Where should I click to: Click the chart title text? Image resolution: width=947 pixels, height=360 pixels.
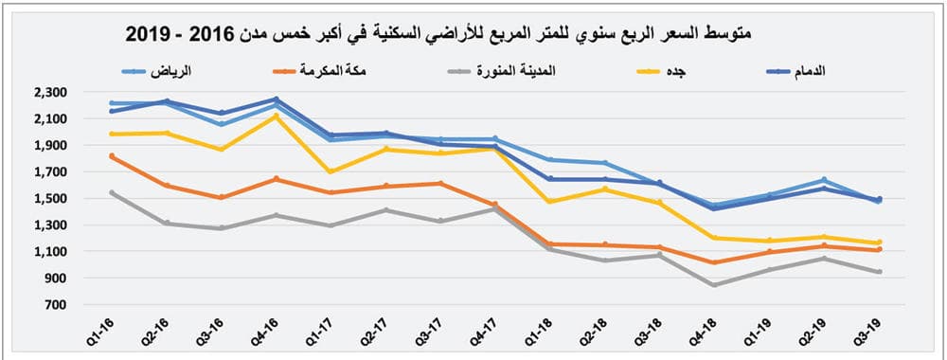click(x=439, y=34)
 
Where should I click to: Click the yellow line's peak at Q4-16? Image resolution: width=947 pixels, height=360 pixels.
click(x=276, y=116)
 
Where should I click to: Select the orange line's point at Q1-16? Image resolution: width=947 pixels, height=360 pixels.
click(x=112, y=156)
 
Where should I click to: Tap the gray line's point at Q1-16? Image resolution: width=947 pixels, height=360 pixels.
click(x=112, y=192)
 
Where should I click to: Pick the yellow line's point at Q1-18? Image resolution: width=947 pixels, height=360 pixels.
click(x=549, y=201)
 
